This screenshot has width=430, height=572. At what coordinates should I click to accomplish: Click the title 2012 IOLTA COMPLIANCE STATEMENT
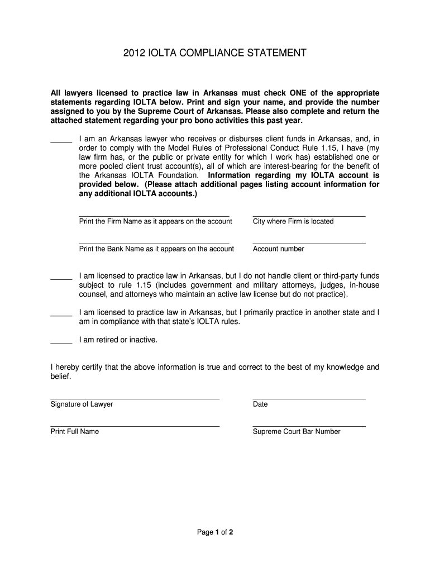215,54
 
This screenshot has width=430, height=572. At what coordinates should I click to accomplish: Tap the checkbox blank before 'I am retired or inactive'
61,342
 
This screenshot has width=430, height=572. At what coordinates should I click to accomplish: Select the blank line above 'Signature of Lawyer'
135,399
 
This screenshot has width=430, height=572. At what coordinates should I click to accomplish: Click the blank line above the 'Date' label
309,399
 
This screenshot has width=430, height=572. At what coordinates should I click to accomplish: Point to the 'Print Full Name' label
74,431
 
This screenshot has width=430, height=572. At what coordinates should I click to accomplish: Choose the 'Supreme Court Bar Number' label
297,431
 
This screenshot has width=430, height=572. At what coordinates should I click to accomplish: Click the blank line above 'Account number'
309,244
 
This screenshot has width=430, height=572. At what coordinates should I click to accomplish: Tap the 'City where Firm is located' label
293,221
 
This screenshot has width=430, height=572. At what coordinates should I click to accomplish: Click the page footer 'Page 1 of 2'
215,532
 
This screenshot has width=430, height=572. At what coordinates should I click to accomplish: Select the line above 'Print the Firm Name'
154,216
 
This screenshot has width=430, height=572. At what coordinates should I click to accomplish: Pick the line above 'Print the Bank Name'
154,244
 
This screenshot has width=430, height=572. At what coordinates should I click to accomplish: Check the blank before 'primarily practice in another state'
61,315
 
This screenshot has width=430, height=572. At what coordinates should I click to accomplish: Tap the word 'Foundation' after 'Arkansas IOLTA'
179,175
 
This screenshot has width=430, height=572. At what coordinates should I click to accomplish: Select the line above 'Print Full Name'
135,426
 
